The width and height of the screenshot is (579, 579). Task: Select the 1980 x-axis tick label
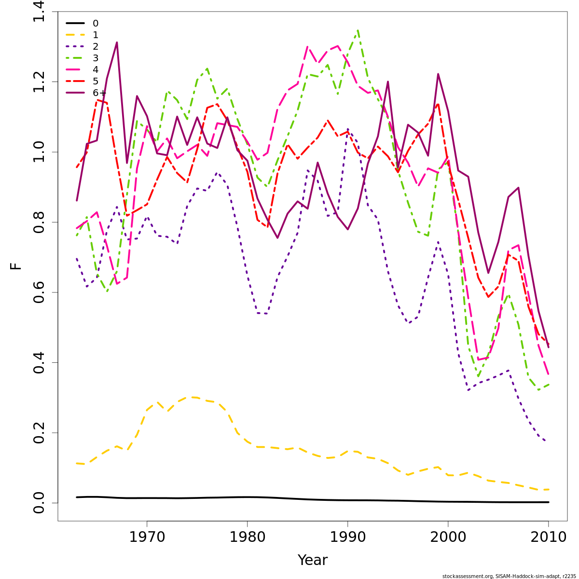247,537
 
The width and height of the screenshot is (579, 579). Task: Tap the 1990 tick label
347,537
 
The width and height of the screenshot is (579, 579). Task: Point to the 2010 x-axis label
548,537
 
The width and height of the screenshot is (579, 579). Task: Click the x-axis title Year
312,560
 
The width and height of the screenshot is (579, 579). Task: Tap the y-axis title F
16,266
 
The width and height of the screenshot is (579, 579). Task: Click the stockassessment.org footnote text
509,576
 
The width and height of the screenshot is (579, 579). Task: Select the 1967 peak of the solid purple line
117,42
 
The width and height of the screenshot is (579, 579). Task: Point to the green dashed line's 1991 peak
358,30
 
